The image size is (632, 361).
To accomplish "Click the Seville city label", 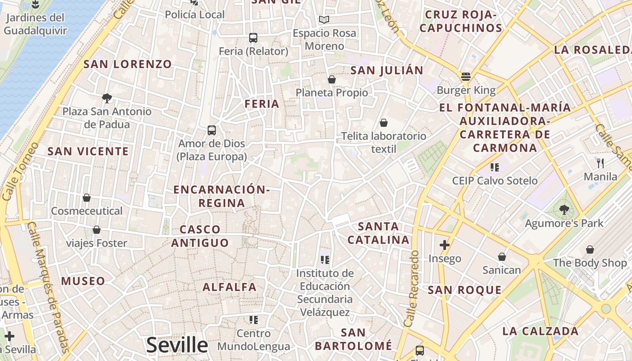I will tap(177, 345).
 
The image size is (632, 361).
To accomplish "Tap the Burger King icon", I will tap(466, 76).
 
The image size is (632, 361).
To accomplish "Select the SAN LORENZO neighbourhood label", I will tap(128, 64).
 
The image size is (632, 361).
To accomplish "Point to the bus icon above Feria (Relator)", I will tap(253, 38).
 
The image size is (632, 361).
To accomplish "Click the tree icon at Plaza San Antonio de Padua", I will tap(107, 98).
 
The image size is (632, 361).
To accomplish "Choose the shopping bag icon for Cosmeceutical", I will tap(87, 198).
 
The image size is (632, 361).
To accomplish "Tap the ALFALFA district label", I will tap(229, 287).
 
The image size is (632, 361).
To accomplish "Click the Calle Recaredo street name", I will tap(412, 289).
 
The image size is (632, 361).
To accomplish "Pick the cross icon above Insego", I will tap(445, 245).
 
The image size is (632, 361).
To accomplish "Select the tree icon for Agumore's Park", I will tap(564, 209).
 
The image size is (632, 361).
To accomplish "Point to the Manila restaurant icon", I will tap(600, 163).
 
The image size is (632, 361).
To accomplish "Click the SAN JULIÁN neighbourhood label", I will tap(387, 70).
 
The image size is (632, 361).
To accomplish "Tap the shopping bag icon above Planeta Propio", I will tap(332, 79).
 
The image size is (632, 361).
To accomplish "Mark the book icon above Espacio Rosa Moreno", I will tap(324, 19).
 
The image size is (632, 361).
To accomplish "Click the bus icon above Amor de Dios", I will tap(212, 130).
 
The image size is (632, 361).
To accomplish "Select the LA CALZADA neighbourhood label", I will tap(540, 331).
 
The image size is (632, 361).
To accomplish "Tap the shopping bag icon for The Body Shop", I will tap(590, 249).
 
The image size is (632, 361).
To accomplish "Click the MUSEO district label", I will tap(83, 282).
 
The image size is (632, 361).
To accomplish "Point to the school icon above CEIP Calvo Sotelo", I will tap(495, 167).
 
